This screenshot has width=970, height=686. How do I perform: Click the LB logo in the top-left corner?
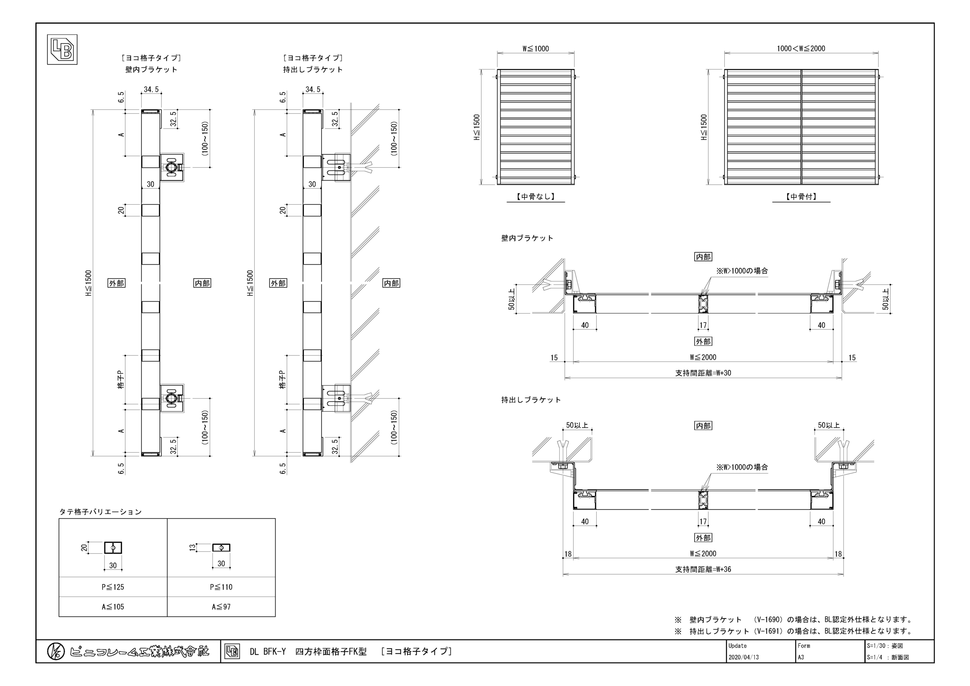click(x=62, y=49)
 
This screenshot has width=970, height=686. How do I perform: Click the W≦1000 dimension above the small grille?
click(x=535, y=48)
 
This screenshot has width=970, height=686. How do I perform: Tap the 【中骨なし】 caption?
click(x=535, y=196)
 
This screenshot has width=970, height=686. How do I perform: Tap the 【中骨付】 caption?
click(x=801, y=196)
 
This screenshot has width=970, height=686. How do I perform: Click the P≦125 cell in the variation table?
click(x=113, y=587)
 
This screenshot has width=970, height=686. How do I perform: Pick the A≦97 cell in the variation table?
click(x=221, y=607)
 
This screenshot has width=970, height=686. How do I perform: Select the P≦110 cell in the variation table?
click(x=221, y=587)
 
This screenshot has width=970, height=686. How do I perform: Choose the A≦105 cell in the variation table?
click(x=113, y=607)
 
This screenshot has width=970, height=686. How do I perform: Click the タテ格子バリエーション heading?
click(x=100, y=512)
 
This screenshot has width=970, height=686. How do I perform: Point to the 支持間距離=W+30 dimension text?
click(x=703, y=373)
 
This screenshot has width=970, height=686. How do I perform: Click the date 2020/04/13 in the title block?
click(x=744, y=657)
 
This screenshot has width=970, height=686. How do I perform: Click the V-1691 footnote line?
click(x=794, y=631)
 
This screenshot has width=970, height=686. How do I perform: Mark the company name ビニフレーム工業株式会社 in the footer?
click(x=139, y=651)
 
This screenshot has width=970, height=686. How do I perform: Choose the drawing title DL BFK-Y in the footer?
click(x=267, y=651)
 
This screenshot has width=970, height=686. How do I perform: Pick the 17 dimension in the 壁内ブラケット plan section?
click(x=703, y=325)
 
